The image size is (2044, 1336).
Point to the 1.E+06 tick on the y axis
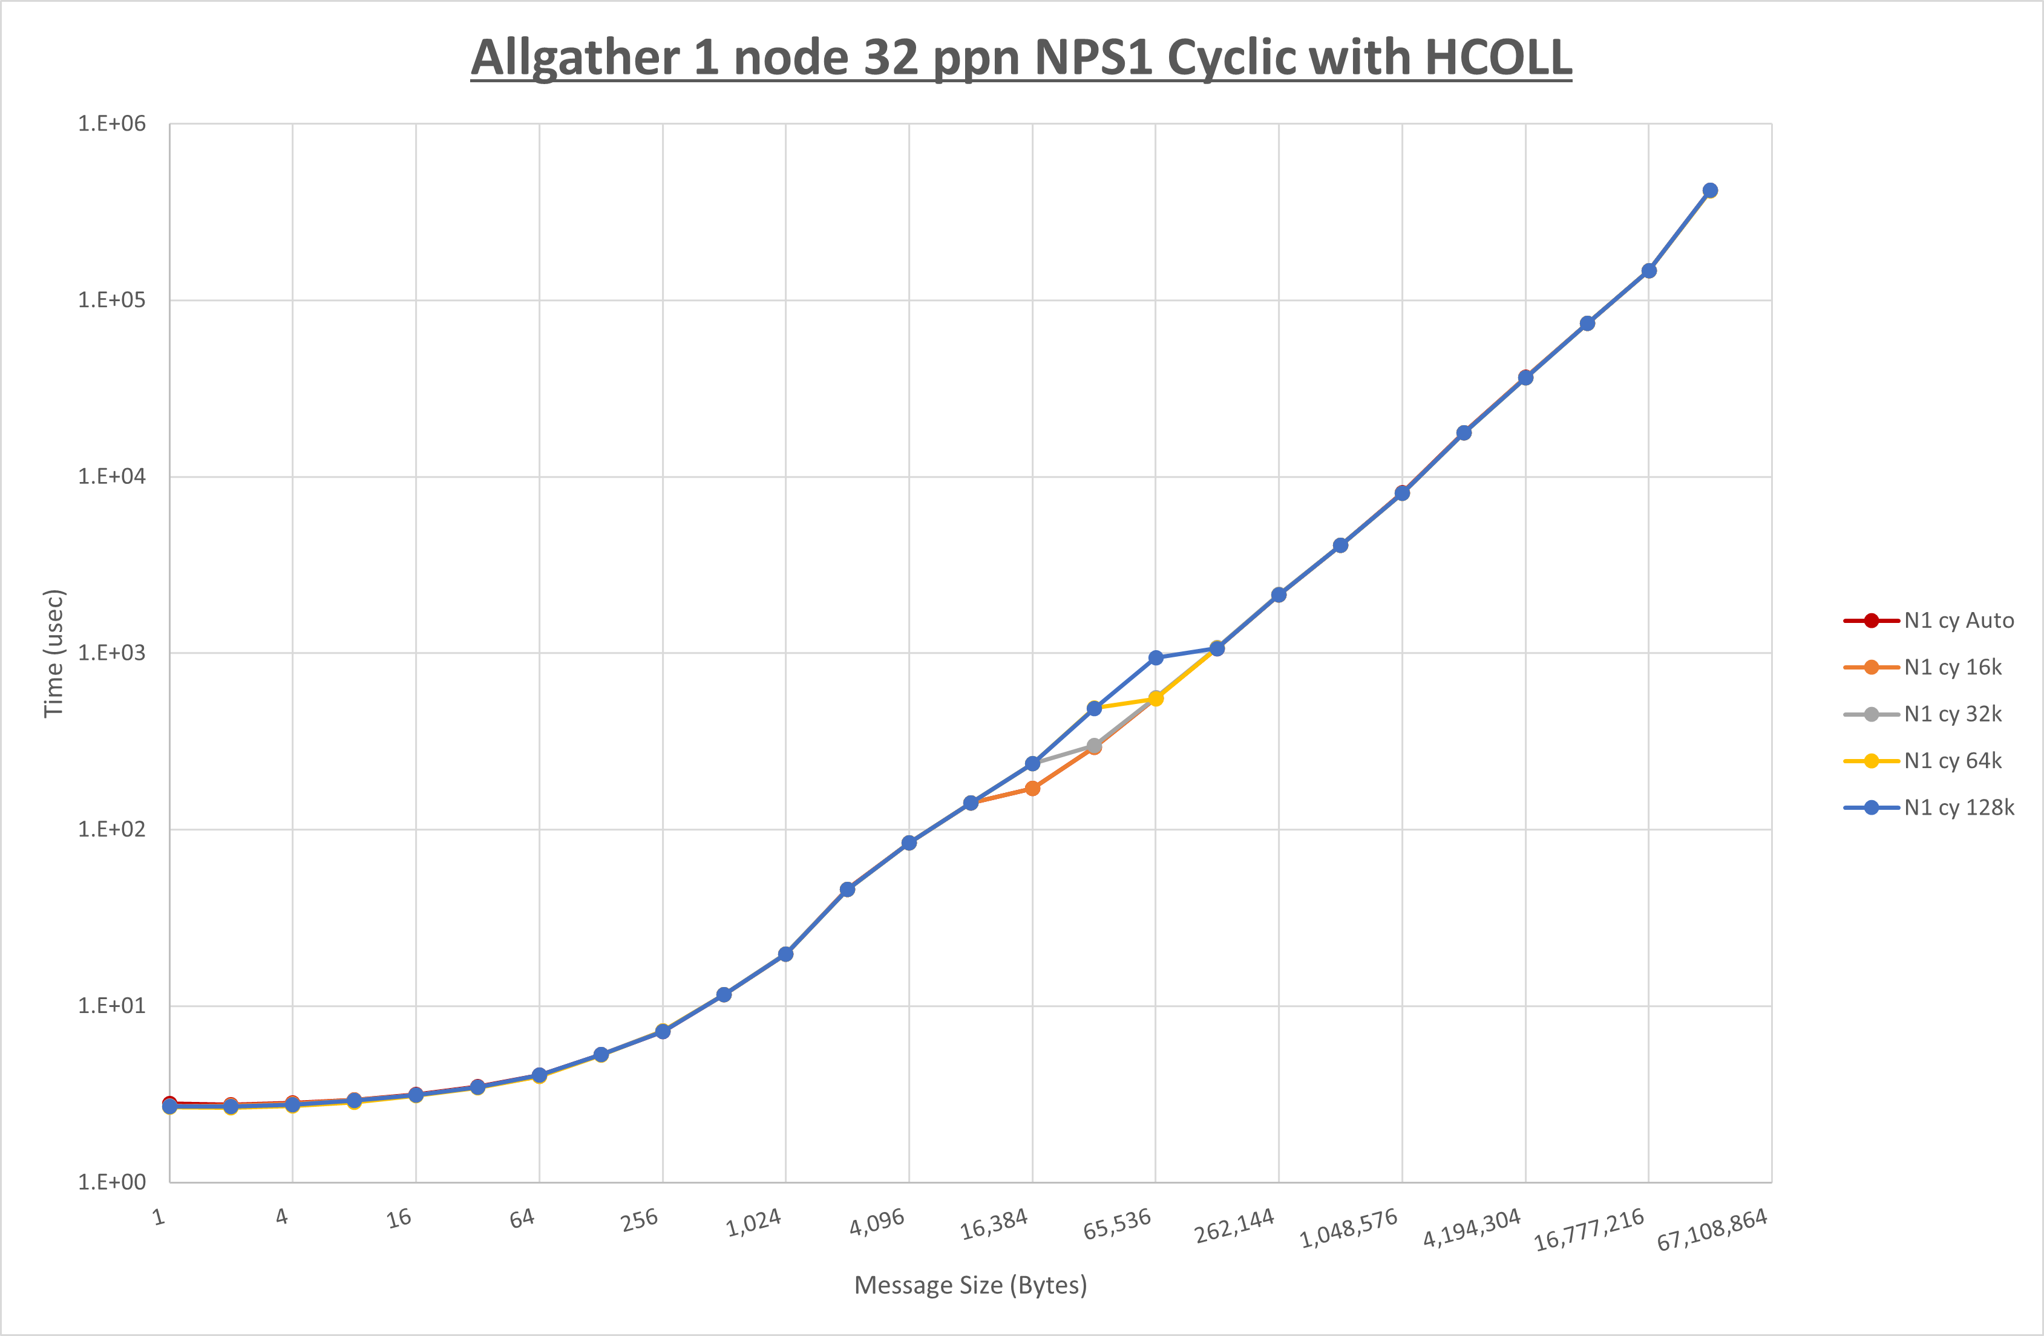click(112, 123)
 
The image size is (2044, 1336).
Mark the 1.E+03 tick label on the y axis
click(112, 653)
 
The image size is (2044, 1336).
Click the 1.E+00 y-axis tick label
click(112, 1182)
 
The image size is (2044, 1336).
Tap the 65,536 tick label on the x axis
click(1116, 1224)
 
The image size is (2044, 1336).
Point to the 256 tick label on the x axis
click(640, 1220)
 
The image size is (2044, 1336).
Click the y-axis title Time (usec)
click(53, 653)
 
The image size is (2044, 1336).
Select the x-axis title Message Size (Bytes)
click(971, 1285)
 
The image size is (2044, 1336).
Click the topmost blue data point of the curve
click(1710, 191)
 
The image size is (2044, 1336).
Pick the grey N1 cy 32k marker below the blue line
click(1094, 745)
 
